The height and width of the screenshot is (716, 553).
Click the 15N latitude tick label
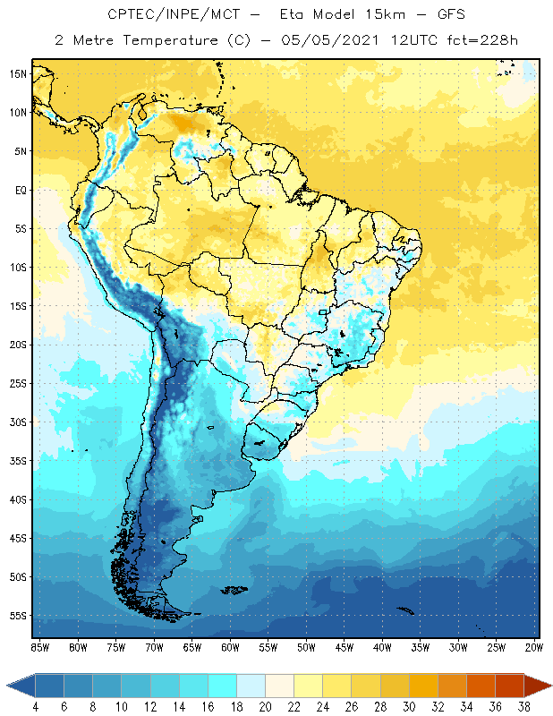click(18, 73)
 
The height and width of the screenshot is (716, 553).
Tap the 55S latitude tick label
click(18, 616)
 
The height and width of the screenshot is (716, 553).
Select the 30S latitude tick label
click(18, 422)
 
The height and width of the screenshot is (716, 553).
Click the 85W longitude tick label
click(39, 647)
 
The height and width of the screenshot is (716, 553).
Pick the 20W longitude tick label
click(534, 647)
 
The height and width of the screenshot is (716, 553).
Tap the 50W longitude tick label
click(306, 647)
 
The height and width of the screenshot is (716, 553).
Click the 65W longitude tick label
click(191, 647)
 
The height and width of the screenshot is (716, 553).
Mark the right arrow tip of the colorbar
click(549, 685)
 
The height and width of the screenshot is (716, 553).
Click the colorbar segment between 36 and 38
click(509, 685)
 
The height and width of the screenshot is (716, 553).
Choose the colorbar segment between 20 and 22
click(280, 685)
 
